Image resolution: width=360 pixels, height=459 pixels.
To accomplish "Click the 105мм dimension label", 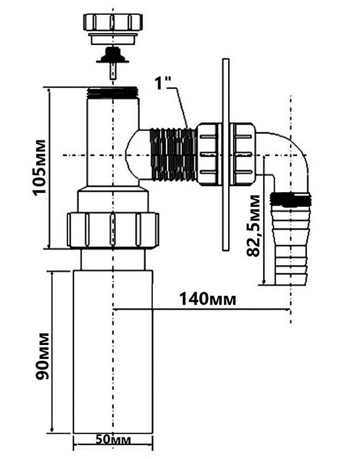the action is [x=39, y=167].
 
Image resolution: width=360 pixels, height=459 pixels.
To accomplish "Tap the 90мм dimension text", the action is [x=42, y=356].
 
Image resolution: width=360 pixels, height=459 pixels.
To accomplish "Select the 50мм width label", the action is [x=113, y=439].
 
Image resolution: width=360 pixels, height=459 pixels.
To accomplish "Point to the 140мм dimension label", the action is [x=207, y=299].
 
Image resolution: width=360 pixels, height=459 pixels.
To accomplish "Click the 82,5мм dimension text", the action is [x=253, y=225].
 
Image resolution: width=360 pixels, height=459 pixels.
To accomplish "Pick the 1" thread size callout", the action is [x=163, y=83].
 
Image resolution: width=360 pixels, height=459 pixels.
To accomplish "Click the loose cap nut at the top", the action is [x=113, y=28].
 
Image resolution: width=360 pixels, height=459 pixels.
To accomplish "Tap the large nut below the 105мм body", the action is [x=113, y=231].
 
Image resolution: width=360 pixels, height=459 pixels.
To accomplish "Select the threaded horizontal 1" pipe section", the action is [x=173, y=155].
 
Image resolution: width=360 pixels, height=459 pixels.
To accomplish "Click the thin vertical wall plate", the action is [x=226, y=155].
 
